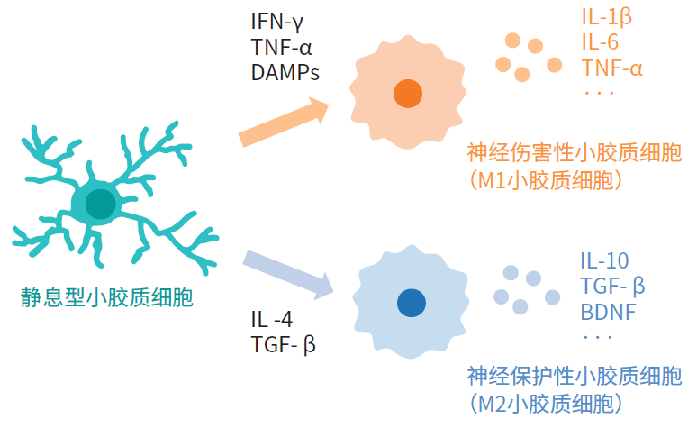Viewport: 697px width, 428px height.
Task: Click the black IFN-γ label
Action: (281, 20)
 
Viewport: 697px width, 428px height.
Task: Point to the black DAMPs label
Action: (285, 72)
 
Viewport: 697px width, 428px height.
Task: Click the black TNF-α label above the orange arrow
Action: (282, 46)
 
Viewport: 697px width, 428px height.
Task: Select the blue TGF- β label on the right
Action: (613, 287)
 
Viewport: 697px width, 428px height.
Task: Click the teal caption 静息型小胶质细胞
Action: (107, 297)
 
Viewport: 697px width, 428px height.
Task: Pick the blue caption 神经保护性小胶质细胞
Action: (574, 375)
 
